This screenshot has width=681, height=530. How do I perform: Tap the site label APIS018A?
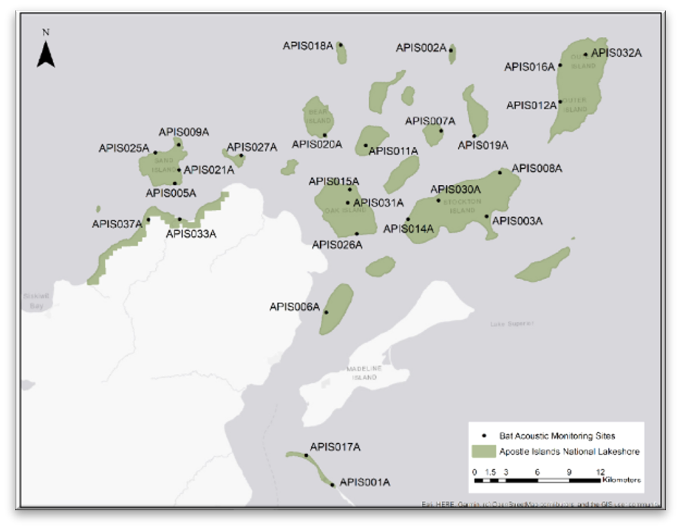(308, 45)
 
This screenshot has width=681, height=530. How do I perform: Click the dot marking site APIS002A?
(451, 51)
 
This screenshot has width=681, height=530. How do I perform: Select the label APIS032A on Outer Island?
(616, 53)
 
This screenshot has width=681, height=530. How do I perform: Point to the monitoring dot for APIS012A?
(560, 101)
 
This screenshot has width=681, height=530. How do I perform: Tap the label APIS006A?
(295, 307)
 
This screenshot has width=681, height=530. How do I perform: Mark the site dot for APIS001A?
(332, 485)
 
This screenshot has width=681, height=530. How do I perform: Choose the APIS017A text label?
(335, 447)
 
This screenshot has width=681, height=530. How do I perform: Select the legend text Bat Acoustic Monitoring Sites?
(557, 436)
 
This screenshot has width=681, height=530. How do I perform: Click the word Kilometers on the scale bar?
(622, 479)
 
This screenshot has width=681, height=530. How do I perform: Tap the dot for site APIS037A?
(148, 219)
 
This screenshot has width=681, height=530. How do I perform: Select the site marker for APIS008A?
(500, 172)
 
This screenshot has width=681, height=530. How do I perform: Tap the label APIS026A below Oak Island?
(337, 244)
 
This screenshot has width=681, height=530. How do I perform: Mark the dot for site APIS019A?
(474, 135)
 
